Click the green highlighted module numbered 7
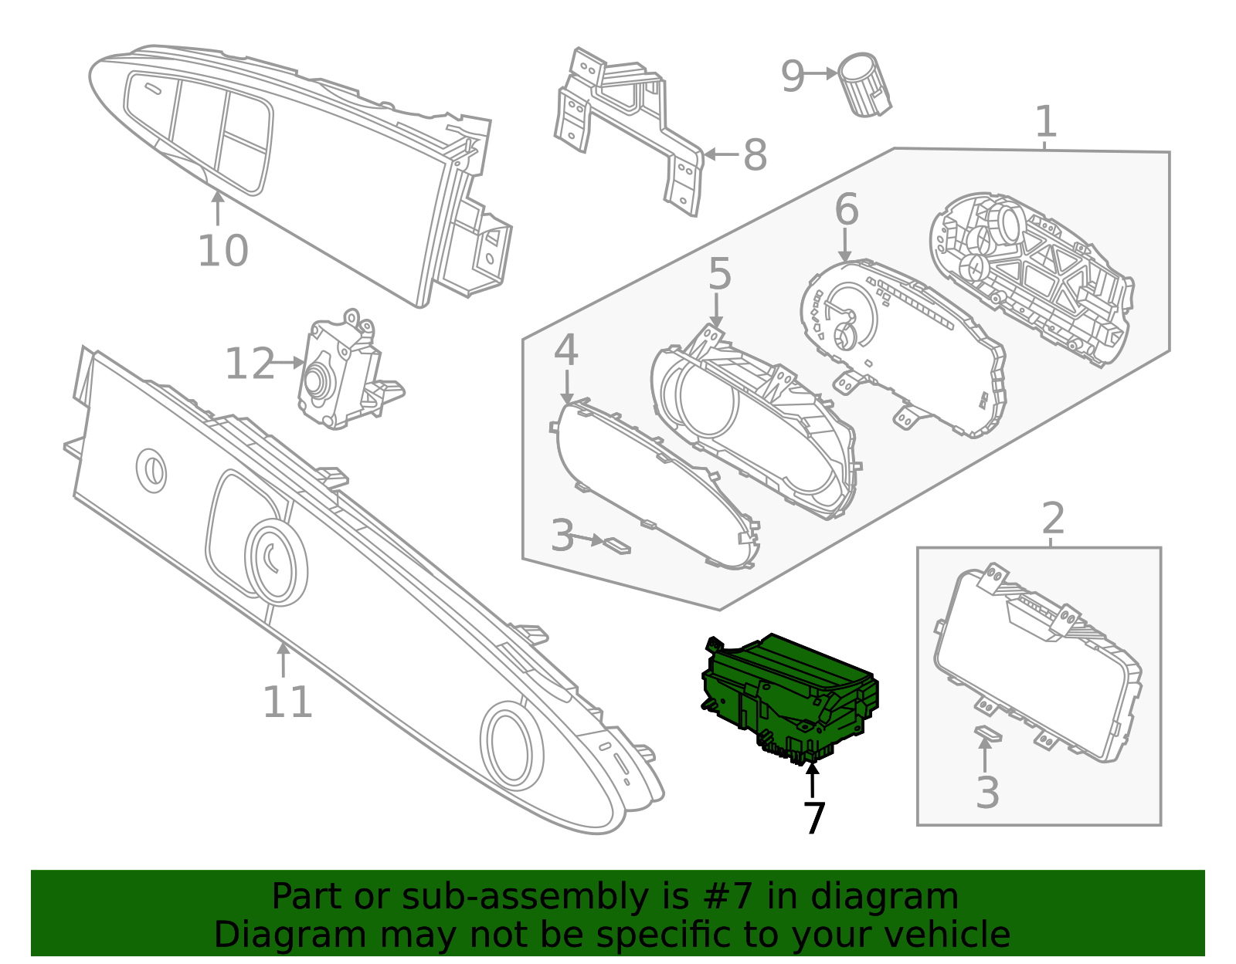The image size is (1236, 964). click(x=788, y=695)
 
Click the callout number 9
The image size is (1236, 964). click(x=793, y=76)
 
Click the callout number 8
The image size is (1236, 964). click(x=755, y=155)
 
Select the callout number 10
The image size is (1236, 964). click(x=222, y=251)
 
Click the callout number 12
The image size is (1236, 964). click(x=250, y=364)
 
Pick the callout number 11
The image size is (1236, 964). click(x=287, y=702)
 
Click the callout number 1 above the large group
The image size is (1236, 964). click(x=1045, y=122)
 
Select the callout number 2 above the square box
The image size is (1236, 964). click(x=1052, y=519)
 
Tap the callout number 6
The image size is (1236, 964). click(x=847, y=210)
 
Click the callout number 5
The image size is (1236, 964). click(x=719, y=275)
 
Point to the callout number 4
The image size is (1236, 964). click(x=565, y=351)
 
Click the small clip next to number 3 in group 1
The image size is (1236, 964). click(x=616, y=546)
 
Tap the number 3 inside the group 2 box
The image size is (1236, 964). click(x=987, y=793)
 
